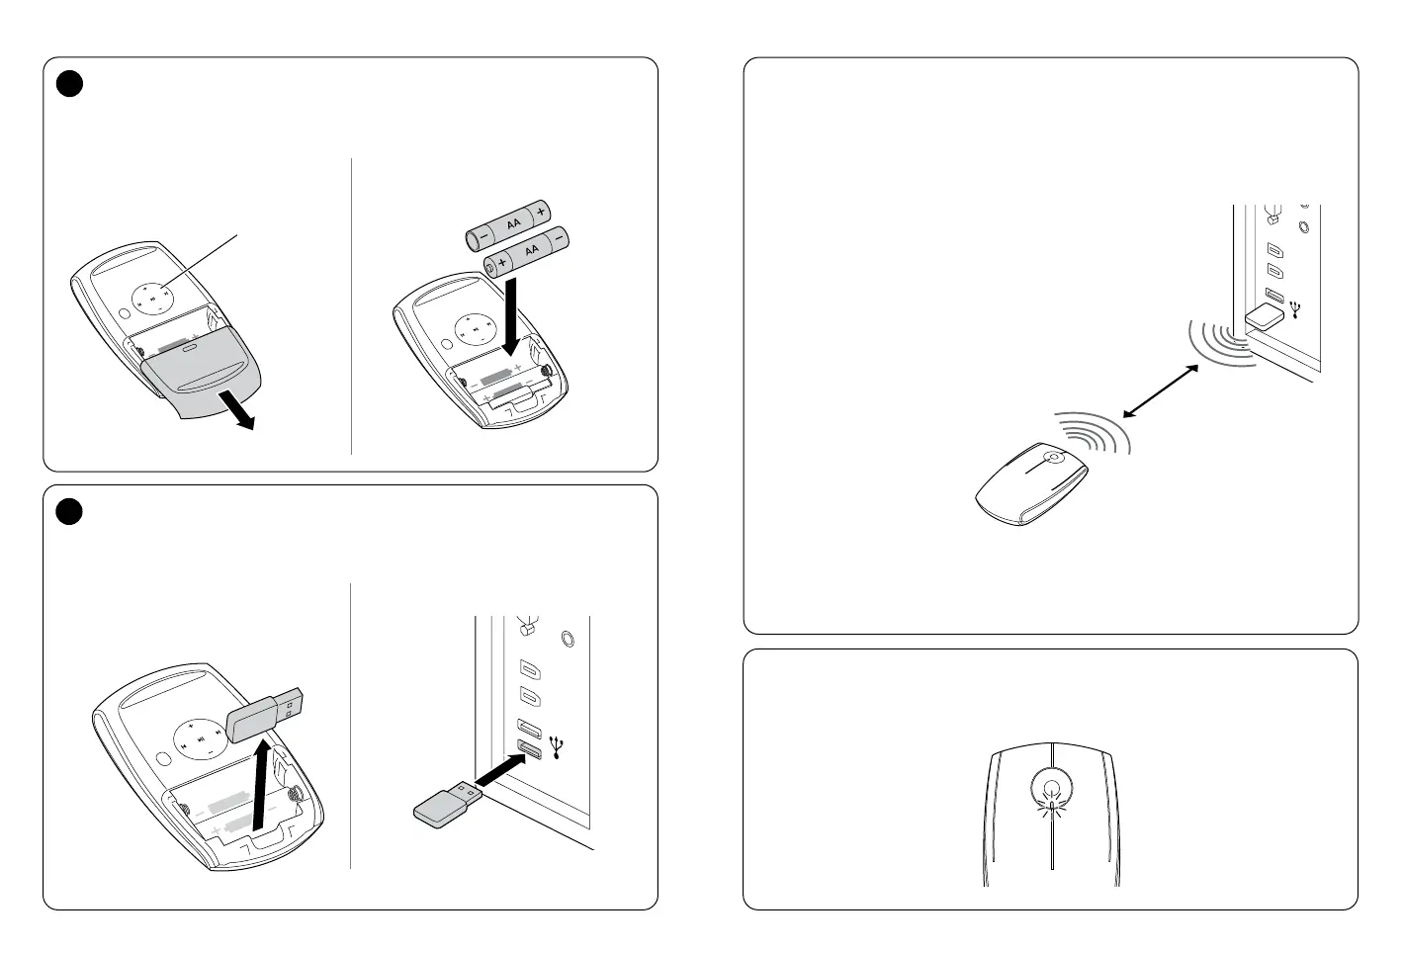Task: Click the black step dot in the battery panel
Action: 69,84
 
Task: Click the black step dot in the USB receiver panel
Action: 69,511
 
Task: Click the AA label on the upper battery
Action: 513,223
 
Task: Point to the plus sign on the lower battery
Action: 501,263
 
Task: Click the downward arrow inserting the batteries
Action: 511,316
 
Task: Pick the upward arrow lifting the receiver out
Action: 261,785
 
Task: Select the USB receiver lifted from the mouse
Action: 265,715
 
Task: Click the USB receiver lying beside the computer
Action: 448,804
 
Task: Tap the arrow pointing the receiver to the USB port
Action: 500,769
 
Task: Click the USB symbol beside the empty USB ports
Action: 557,747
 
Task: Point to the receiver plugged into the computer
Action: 1265,317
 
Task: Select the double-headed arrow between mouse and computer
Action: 1161,391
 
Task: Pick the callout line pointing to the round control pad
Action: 199,262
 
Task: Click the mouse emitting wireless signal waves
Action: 1032,483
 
